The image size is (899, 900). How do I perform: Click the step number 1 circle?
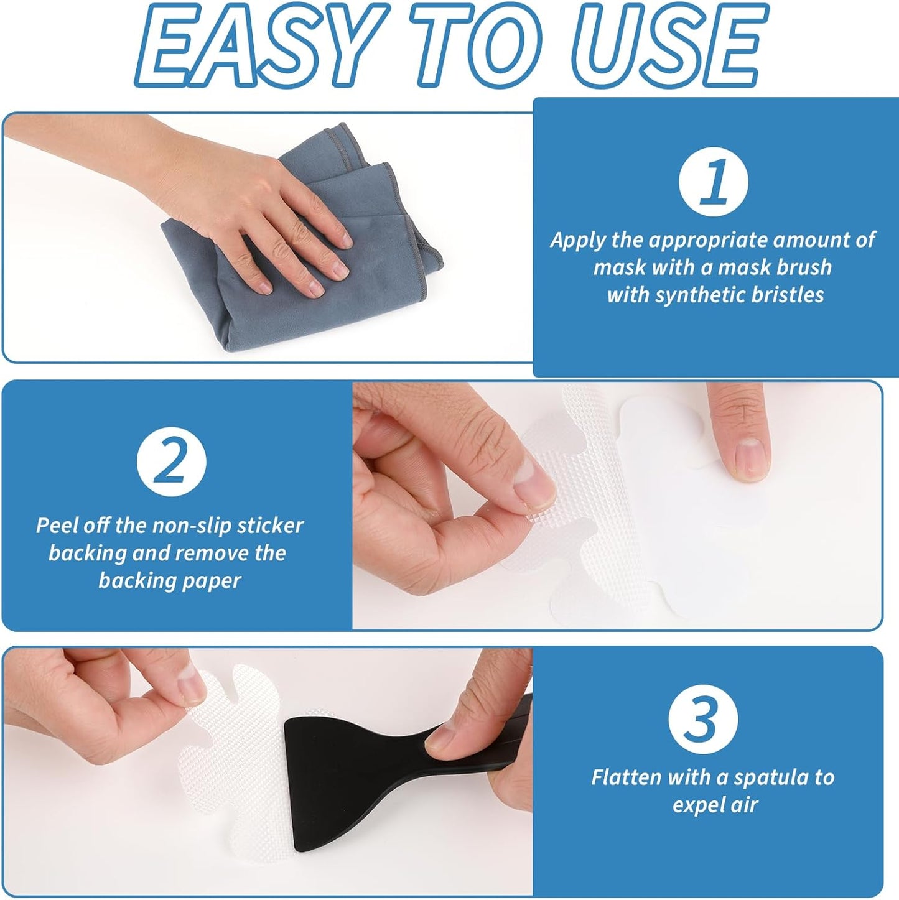[713, 182]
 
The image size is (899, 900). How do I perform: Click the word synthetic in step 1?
[701, 296]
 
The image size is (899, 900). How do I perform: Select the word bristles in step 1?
[788, 295]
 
